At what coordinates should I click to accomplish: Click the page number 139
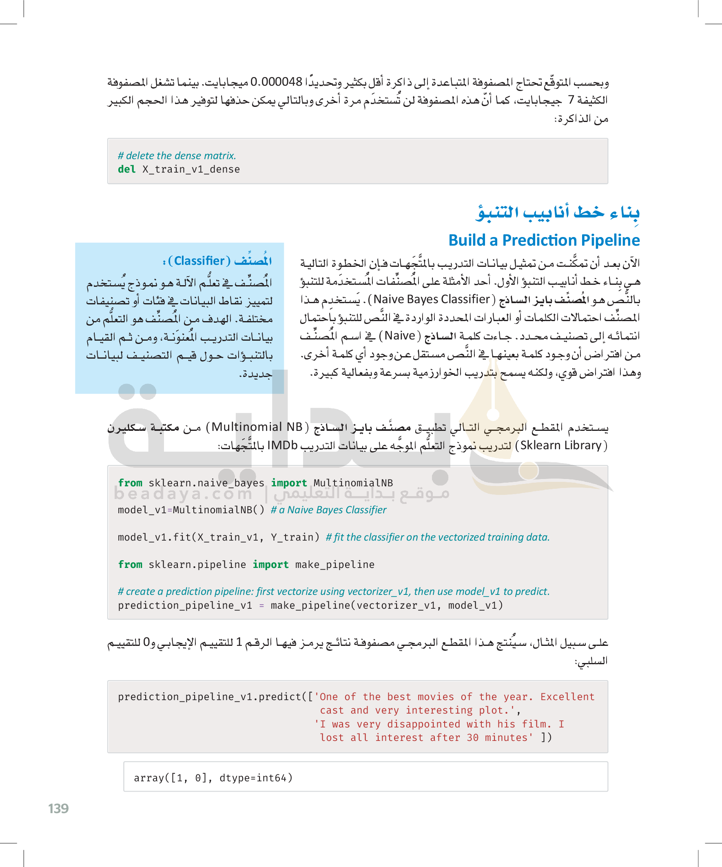[x=58, y=808]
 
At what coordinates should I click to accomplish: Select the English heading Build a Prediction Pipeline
[x=544, y=240]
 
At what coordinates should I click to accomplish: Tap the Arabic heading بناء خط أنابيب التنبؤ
[x=557, y=213]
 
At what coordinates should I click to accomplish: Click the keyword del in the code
[x=126, y=169]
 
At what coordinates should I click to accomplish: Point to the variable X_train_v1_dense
[x=191, y=169]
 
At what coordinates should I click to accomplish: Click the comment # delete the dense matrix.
[x=177, y=155]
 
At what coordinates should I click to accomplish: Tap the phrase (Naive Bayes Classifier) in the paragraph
[x=432, y=299]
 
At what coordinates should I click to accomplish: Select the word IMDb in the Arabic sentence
[x=282, y=446]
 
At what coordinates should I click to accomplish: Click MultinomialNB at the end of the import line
[x=353, y=483]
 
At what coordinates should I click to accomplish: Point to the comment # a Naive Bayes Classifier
[x=329, y=510]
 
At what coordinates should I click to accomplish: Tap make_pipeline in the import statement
[x=335, y=564]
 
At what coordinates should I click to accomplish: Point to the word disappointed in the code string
[x=423, y=724]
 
